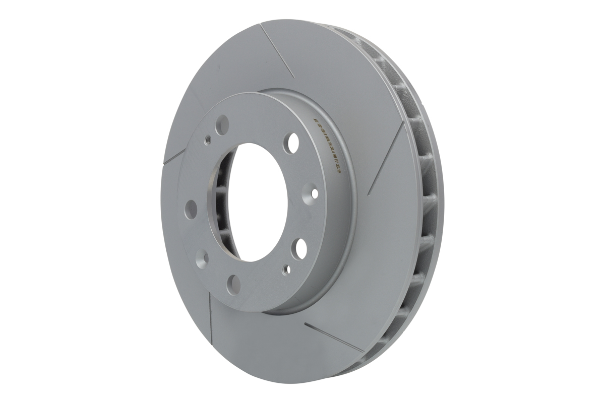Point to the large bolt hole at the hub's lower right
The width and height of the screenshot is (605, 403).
pyautogui.click(x=302, y=248)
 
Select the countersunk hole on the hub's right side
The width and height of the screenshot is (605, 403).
pyautogui.click(x=315, y=192)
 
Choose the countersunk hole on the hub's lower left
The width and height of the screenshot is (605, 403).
pyautogui.click(x=205, y=255)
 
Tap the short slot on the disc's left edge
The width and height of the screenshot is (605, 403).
pyautogui.click(x=171, y=160)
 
